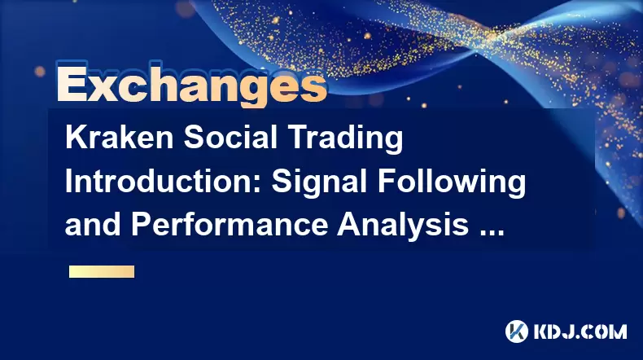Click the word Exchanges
pos(191,85)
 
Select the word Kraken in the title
pos(120,138)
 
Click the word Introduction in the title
pos(164,182)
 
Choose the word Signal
pos(319,183)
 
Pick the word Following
pos(452,183)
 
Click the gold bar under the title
pos(102,272)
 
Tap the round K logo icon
pos(517,331)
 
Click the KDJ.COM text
pos(580,331)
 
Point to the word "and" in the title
pos(93,225)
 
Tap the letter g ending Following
pos(516,187)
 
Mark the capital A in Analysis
pos(349,225)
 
